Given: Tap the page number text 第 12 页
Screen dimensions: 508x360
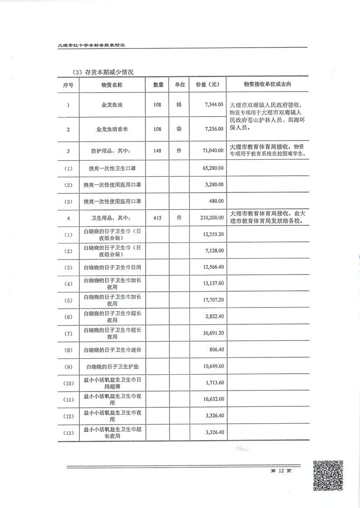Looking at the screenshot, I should (281, 471).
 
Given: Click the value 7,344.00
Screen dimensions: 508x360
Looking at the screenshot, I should (214, 105).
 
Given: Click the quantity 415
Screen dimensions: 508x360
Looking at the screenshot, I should (158, 218).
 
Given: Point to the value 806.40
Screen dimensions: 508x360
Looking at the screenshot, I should (216, 350).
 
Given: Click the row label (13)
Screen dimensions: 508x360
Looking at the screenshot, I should (69, 433).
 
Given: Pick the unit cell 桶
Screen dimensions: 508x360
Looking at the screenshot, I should (179, 105).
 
